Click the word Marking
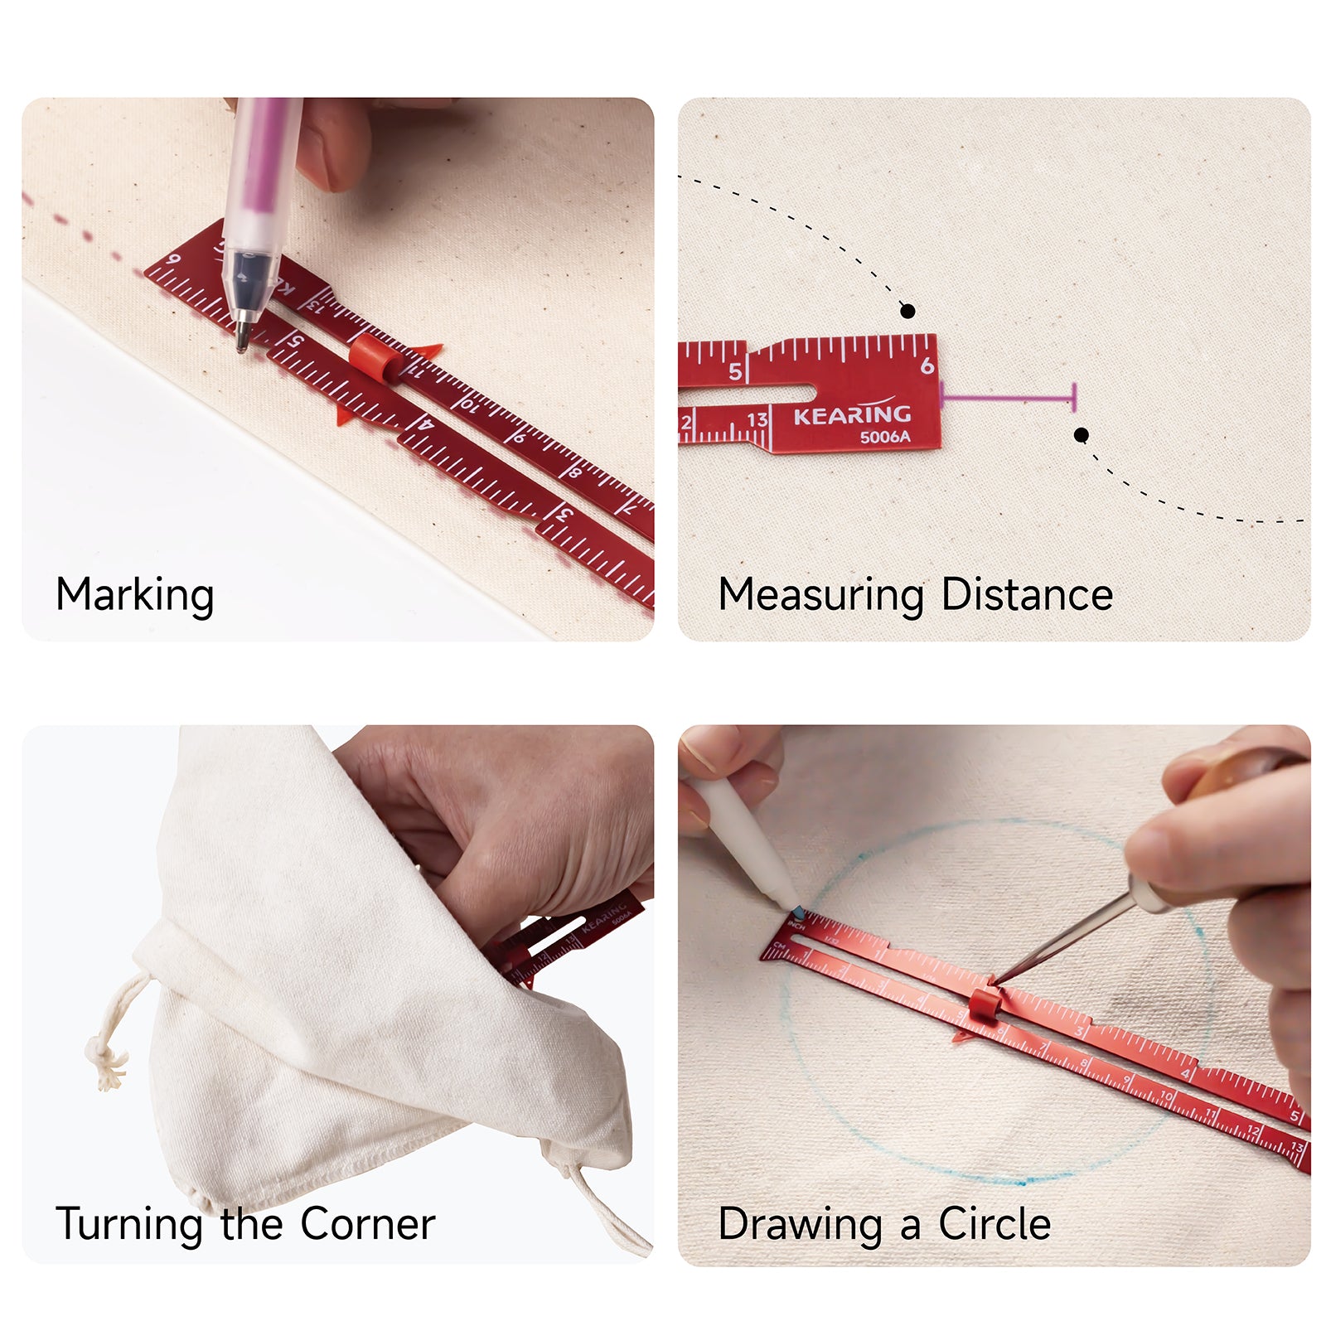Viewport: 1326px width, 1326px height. point(135,595)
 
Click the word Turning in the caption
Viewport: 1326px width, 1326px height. point(129,1224)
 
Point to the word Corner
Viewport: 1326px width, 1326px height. point(367,1223)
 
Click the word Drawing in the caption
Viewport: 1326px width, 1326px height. point(800,1224)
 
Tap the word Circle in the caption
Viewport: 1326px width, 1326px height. point(994,1223)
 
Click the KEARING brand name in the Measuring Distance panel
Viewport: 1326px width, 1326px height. point(852,414)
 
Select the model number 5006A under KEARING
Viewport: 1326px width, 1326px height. point(884,437)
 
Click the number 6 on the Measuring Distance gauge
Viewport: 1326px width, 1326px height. point(927,365)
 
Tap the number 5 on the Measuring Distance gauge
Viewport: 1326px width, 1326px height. point(735,371)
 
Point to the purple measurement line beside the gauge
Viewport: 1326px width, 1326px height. point(1009,399)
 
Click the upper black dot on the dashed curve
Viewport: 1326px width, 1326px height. point(907,311)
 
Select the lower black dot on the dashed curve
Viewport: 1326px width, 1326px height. point(1081,435)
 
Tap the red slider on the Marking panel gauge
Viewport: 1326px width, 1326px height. point(374,357)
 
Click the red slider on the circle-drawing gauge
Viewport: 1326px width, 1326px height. point(985,1004)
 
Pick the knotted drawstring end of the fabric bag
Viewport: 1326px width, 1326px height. point(106,1061)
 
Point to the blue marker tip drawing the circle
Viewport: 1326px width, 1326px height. point(797,912)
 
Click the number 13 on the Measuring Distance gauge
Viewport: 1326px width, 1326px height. point(757,420)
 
